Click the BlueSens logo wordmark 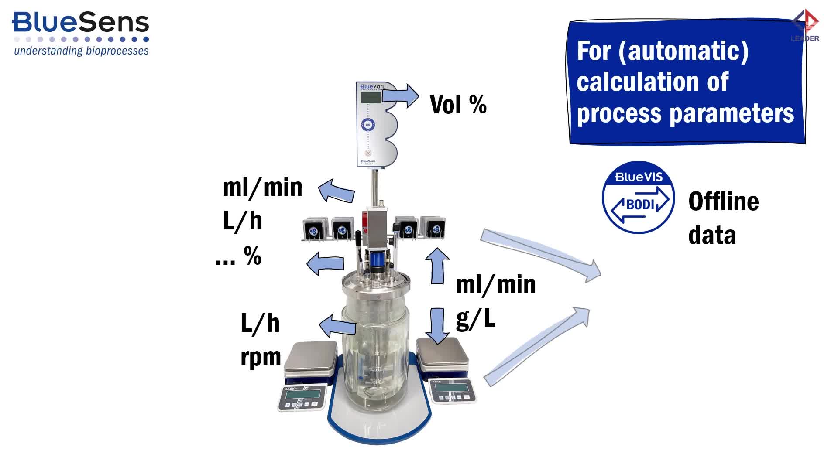81,23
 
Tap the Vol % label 458,105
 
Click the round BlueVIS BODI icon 638,198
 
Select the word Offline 723,202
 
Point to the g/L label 476,319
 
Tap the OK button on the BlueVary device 368,125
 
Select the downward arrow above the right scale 437,325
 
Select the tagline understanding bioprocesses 81,51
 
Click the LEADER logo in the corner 805,26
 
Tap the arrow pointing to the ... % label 325,263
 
